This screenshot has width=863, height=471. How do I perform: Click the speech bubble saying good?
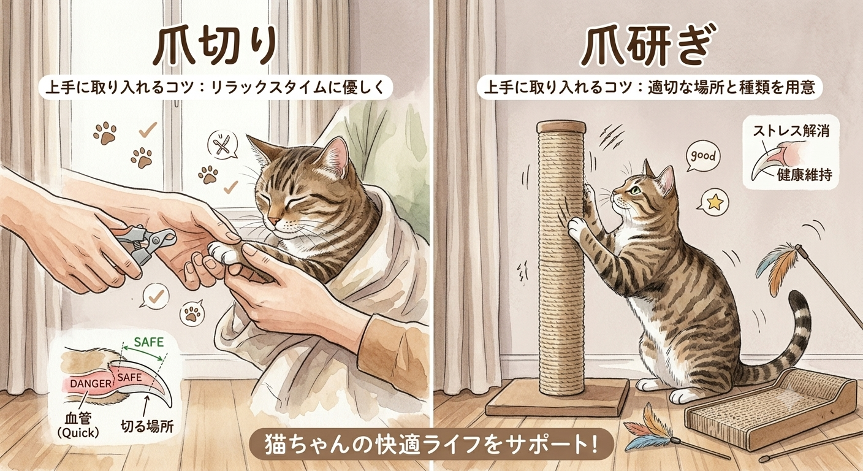[703, 157]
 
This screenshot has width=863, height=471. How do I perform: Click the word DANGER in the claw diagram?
[91, 383]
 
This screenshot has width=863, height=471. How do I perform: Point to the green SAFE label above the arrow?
[149, 342]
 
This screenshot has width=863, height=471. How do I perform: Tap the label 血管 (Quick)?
[78, 426]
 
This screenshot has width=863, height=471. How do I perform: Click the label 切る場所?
[146, 426]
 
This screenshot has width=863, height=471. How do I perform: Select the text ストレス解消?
[791, 131]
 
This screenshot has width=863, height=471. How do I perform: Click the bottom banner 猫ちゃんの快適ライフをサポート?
[431, 445]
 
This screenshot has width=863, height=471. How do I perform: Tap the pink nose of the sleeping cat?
[274, 221]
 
